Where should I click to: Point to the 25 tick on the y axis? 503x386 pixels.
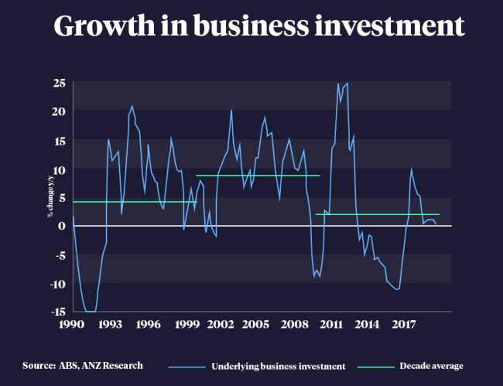click(x=59, y=83)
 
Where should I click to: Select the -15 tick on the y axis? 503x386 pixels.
click(x=57, y=312)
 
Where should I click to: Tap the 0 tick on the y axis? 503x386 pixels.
click(x=62, y=226)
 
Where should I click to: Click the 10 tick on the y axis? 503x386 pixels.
click(x=59, y=169)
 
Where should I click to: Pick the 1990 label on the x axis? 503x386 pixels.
click(x=73, y=323)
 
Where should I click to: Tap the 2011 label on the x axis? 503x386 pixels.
click(x=331, y=323)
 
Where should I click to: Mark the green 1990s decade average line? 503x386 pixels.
click(x=132, y=202)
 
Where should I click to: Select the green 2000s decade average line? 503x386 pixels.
click(x=258, y=176)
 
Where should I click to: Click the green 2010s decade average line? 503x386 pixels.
click(x=378, y=214)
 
